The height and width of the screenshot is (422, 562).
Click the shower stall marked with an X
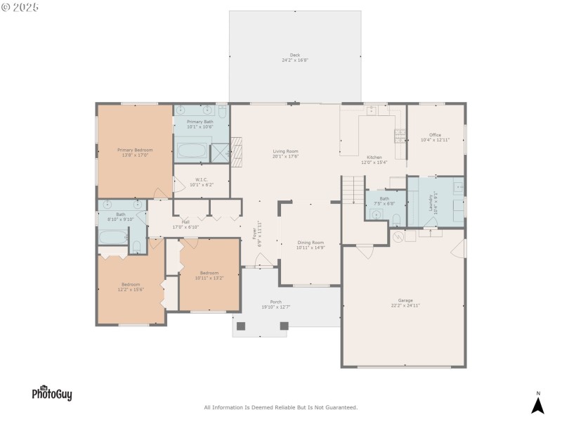pyautogui.click(x=221, y=153)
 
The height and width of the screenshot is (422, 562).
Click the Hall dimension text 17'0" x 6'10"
pyautogui.click(x=185, y=227)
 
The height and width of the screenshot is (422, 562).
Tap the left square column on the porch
pyautogui.click(x=241, y=326)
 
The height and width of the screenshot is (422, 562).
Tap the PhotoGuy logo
pyautogui.click(x=51, y=394)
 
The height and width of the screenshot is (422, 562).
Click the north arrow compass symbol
pyautogui.click(x=537, y=404)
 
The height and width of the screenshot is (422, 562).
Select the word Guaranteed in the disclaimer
pyautogui.click(x=339, y=407)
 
